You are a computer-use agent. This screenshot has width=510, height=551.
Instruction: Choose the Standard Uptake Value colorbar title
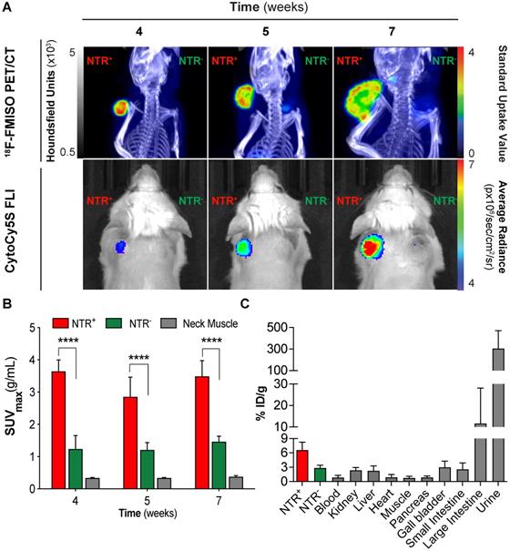pyautogui.click(x=498, y=100)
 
